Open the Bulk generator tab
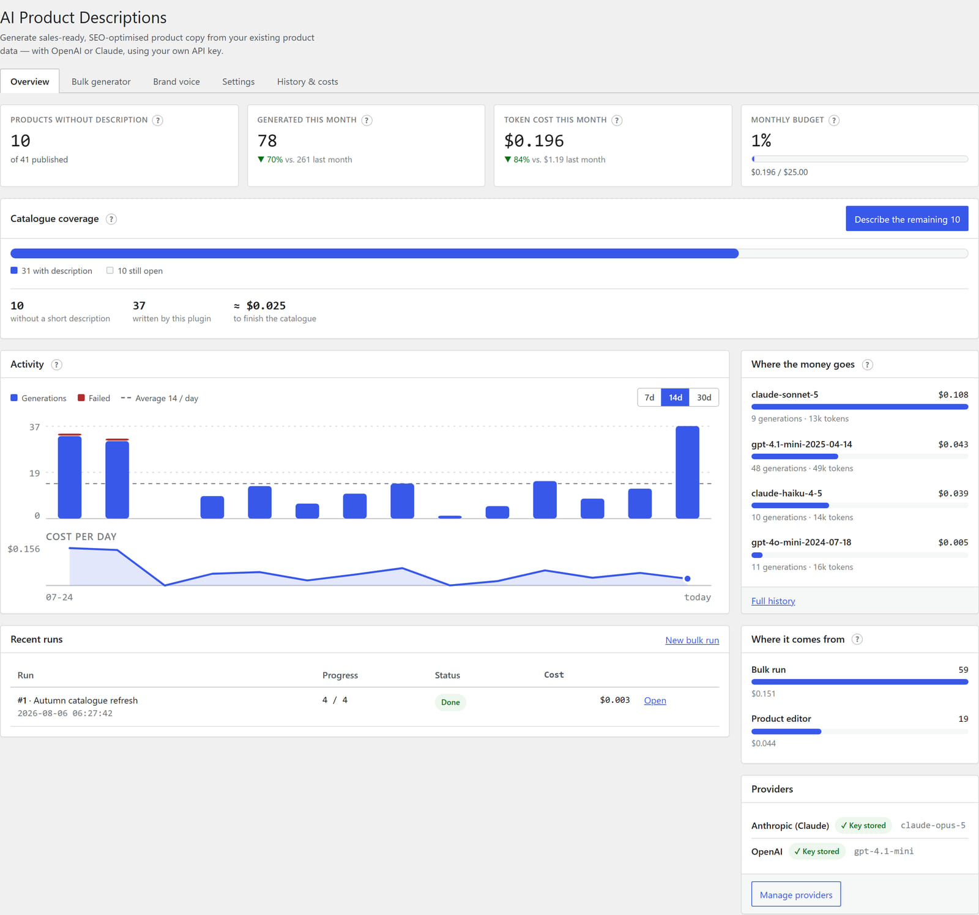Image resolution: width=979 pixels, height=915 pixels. point(101,81)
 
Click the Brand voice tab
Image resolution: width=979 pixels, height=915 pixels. point(176,81)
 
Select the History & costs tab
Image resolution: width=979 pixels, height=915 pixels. point(307,81)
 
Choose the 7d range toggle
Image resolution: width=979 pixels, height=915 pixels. point(649,398)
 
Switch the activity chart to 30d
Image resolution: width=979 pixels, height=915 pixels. point(704,398)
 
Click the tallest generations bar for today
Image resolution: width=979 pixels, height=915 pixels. point(687,472)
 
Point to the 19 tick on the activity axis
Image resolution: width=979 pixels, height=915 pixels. point(34,473)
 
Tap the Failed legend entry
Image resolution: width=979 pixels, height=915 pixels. point(94,398)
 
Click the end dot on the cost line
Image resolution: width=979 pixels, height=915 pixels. point(688,579)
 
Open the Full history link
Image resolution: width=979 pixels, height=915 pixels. point(773,601)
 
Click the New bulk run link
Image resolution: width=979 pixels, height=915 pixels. point(692,640)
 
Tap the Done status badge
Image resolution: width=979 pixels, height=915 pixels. point(450,702)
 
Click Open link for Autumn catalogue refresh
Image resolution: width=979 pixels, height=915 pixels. point(655,700)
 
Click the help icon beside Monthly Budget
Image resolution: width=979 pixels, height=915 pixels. point(834,120)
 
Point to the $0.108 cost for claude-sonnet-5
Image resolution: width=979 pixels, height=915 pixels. point(953,395)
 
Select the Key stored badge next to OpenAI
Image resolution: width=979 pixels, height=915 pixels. point(817,851)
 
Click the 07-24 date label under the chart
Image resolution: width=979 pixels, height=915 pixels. point(59,597)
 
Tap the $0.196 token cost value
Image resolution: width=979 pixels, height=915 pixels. point(534,141)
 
